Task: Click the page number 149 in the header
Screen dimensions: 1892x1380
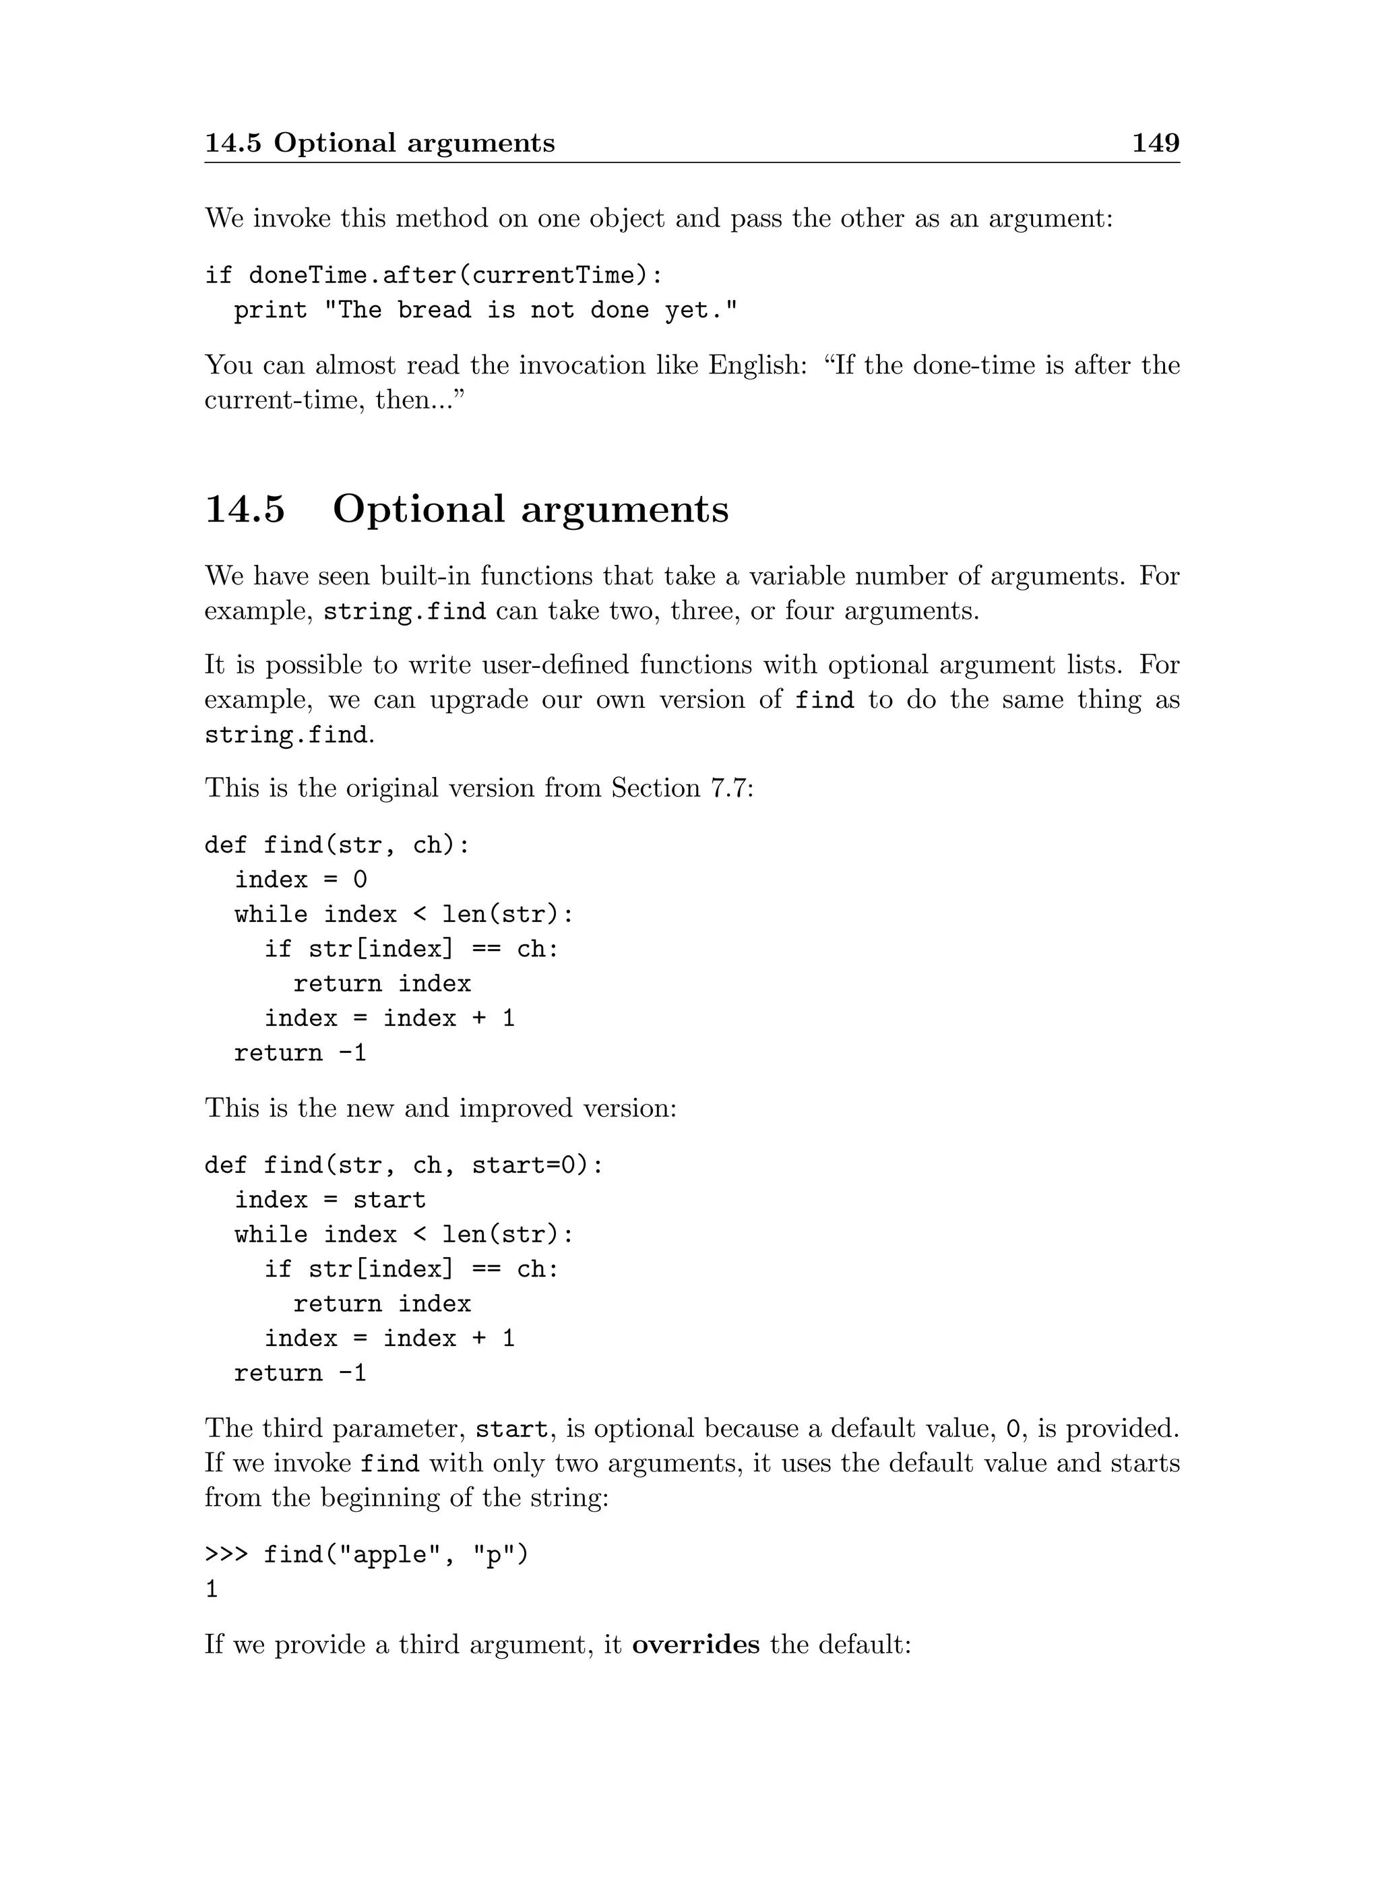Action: click(x=1156, y=143)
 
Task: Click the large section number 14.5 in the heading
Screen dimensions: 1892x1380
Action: click(x=245, y=509)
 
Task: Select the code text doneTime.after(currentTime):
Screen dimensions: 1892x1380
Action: click(x=456, y=275)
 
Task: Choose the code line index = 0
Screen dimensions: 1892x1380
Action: click(x=301, y=879)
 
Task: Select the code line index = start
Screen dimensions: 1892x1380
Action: click(x=330, y=1200)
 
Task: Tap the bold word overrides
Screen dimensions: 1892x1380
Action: click(x=696, y=1645)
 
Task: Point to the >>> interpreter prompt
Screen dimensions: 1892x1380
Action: click(x=226, y=1554)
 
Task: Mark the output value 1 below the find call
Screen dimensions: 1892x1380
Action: click(x=212, y=1589)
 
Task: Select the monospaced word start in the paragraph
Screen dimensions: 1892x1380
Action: click(x=512, y=1429)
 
